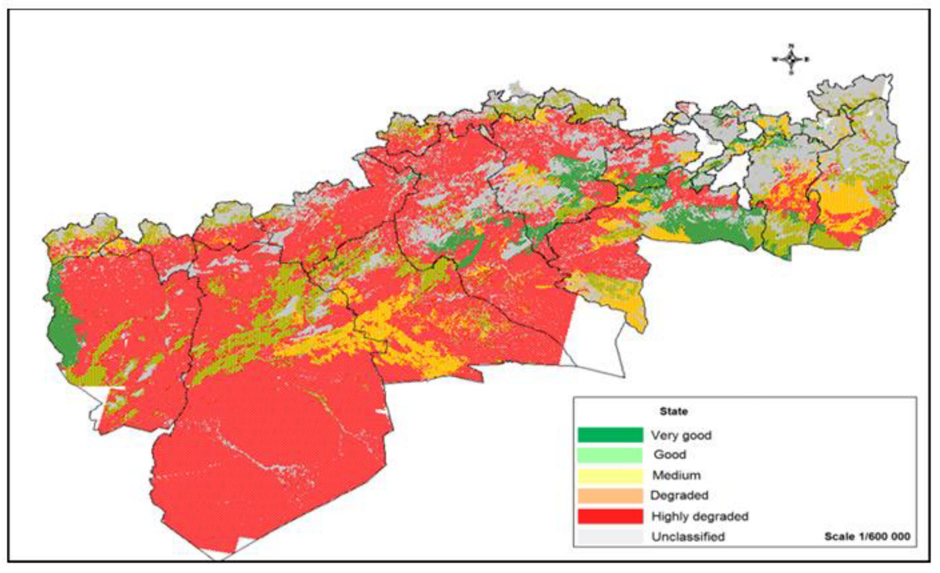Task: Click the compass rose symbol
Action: click(791, 58)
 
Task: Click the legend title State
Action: click(673, 411)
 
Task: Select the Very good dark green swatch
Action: click(610, 435)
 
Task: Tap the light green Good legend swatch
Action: click(610, 455)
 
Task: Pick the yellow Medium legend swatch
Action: click(610, 476)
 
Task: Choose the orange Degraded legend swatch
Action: click(610, 496)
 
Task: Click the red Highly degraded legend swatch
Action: click(610, 516)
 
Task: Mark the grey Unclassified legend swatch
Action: click(610, 536)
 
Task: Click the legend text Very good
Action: click(681, 435)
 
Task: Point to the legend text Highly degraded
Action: click(699, 516)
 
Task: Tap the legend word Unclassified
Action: click(688, 537)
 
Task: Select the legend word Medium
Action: click(676, 476)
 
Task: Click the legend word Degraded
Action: click(679, 496)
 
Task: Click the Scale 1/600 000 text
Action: click(867, 537)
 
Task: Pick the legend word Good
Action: click(670, 455)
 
